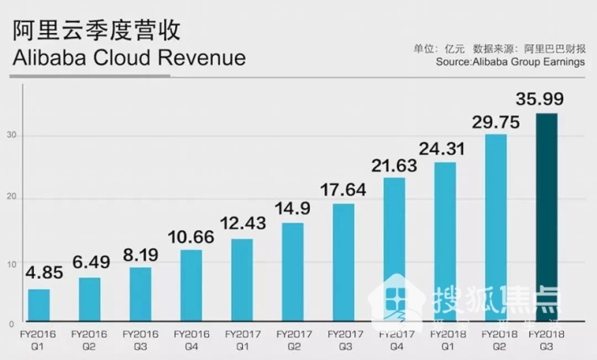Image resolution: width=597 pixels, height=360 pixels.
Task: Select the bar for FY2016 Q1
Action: [39, 304]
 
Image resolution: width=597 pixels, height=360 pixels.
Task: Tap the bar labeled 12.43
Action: [241, 278]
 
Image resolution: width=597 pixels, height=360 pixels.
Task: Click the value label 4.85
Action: [39, 274]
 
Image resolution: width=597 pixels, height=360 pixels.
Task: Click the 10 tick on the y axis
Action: [14, 262]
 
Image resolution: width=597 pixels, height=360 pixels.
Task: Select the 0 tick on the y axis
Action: [16, 320]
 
